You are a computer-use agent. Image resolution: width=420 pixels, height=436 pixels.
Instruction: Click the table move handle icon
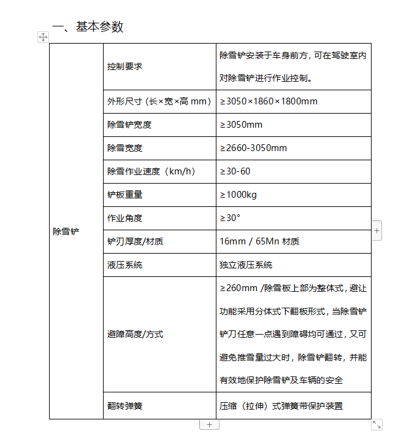click(43, 37)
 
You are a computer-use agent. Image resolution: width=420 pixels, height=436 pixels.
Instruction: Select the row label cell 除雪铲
click(66, 232)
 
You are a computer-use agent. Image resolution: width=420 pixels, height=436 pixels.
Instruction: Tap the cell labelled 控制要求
click(125, 66)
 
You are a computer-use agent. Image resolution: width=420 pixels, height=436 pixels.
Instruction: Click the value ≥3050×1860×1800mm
click(269, 101)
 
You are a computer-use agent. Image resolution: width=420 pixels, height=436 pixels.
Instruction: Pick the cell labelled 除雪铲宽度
click(129, 125)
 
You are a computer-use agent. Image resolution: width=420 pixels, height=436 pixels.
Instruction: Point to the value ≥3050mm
click(241, 125)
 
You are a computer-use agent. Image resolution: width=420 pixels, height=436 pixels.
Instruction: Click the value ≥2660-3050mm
click(253, 148)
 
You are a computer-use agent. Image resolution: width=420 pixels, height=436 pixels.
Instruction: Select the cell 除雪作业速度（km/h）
click(151, 171)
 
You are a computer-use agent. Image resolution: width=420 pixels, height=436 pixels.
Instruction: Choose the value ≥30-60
click(235, 171)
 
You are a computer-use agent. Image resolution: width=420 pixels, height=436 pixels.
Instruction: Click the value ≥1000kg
click(238, 195)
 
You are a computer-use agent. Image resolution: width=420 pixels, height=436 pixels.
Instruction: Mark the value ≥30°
click(230, 218)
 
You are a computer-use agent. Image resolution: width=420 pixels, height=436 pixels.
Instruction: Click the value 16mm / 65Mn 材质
click(259, 241)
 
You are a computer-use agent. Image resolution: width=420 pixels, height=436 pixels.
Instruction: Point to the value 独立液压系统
click(246, 265)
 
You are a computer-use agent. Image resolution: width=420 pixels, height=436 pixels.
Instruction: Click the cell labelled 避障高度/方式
click(135, 334)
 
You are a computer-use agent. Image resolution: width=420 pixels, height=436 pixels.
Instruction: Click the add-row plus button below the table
click(209, 424)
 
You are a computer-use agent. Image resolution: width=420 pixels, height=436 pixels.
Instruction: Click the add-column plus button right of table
click(376, 231)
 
